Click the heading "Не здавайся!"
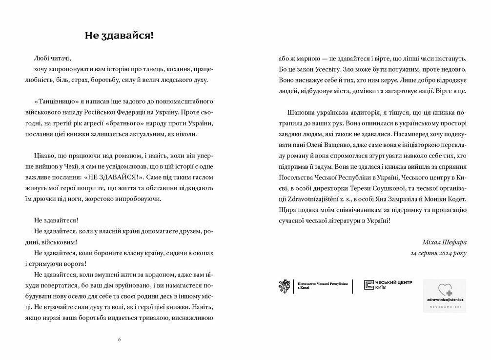click(119, 35)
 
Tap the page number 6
click(119, 340)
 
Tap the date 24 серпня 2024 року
click(438, 253)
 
